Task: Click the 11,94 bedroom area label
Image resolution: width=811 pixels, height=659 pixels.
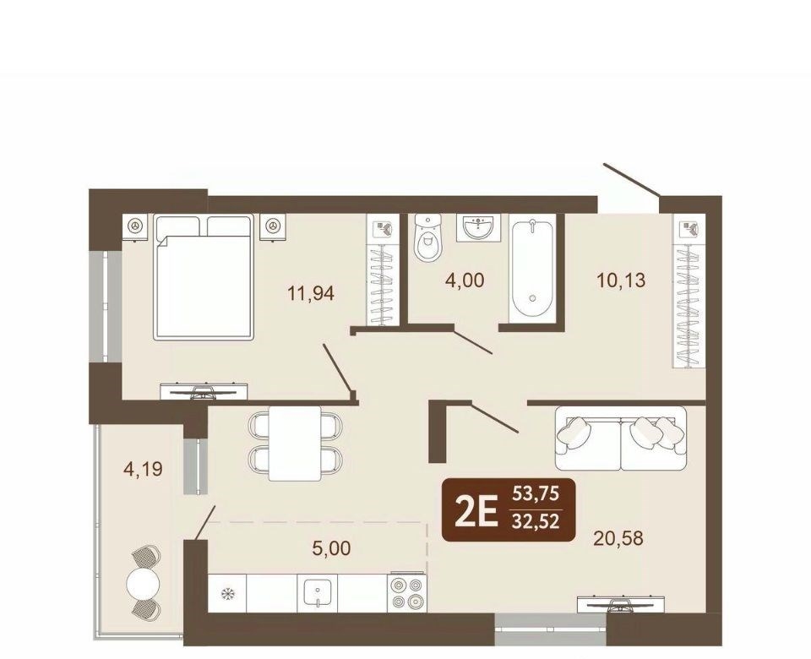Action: click(x=311, y=294)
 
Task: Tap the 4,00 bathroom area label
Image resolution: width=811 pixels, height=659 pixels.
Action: click(x=465, y=280)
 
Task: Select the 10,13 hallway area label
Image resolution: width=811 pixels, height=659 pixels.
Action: click(x=621, y=280)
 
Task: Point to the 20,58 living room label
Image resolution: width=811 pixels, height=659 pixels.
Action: click(x=619, y=538)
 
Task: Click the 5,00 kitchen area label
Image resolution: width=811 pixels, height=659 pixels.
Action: click(x=331, y=547)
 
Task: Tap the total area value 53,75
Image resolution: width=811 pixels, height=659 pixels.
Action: click(x=536, y=494)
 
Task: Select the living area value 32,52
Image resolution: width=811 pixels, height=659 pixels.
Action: click(x=536, y=521)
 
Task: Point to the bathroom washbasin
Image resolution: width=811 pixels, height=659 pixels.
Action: click(x=479, y=227)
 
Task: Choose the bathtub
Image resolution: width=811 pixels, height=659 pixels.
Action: click(x=533, y=268)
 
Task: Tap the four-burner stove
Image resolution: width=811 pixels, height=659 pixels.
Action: click(x=407, y=593)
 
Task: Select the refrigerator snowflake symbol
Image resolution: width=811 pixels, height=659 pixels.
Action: click(x=226, y=593)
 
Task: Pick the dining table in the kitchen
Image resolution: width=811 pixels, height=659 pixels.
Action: click(x=295, y=444)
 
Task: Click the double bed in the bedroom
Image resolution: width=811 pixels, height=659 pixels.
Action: click(x=204, y=277)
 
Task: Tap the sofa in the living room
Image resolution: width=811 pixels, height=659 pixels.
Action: click(x=621, y=438)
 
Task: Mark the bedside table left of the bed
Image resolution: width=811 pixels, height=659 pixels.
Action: click(x=135, y=226)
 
